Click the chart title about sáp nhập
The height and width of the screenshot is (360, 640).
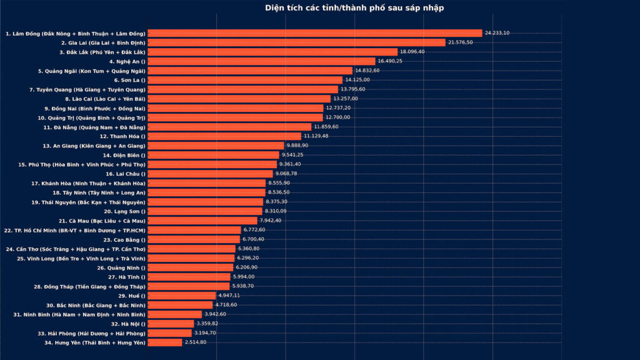point(354,8)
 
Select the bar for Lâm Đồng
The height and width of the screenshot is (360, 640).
point(315,33)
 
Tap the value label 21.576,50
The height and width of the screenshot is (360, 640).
point(463,42)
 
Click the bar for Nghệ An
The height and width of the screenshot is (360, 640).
point(262,61)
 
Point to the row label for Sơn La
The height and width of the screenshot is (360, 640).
point(129,80)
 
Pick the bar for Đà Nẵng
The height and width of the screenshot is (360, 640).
point(229,127)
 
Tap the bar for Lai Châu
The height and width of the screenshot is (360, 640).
point(211,174)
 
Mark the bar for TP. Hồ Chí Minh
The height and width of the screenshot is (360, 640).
point(194,230)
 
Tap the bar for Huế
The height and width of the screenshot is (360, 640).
point(182,296)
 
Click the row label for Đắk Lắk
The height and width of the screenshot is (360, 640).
point(102,52)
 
